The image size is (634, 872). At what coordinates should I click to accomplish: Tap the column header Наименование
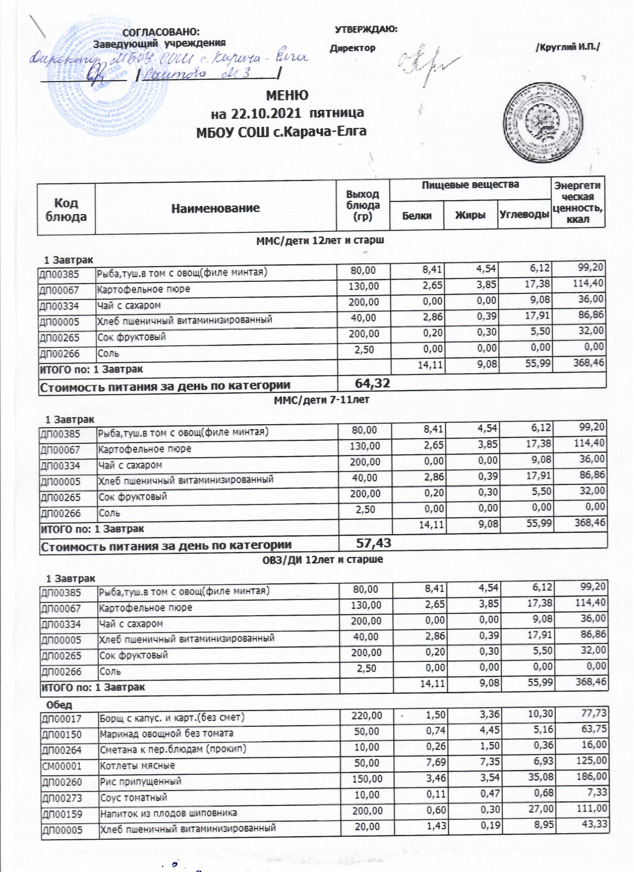[215, 208]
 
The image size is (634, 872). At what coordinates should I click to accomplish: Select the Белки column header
[417, 215]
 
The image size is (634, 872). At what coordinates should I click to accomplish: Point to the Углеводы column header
[524, 215]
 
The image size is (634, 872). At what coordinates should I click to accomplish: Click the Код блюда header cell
[67, 209]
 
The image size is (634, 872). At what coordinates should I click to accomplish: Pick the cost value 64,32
[372, 383]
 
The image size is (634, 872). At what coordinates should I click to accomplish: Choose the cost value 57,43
[374, 543]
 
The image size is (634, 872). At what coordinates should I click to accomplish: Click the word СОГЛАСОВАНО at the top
[162, 32]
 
